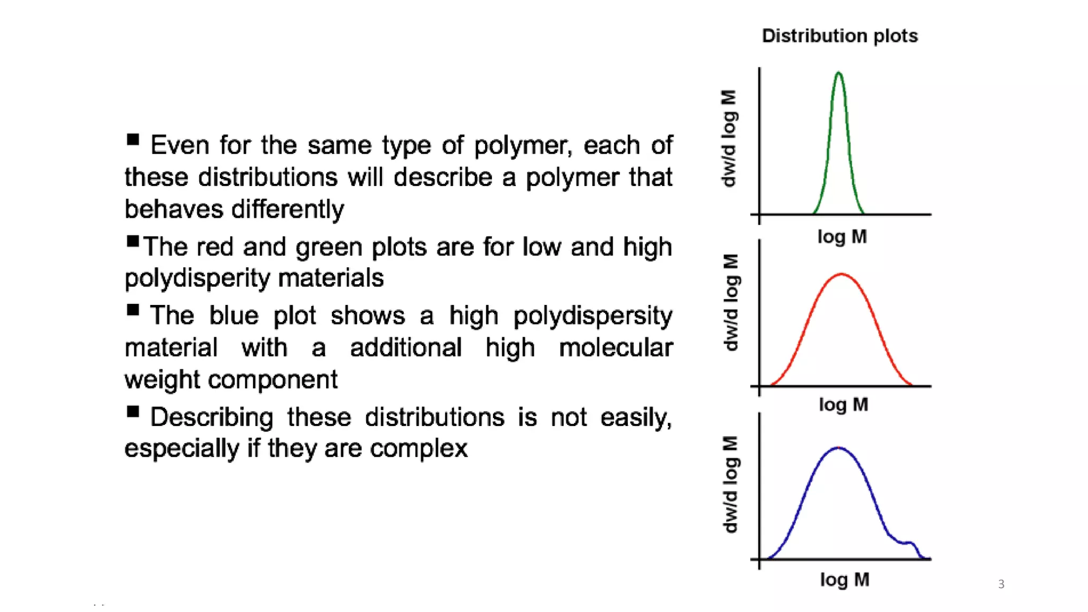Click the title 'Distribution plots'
coord(839,36)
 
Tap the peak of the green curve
coord(838,73)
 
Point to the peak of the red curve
coord(841,275)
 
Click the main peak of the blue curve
coord(838,448)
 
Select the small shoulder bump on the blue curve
coord(909,543)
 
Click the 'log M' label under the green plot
coord(842,237)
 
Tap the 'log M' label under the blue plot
coord(844,580)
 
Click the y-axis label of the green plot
coord(729,139)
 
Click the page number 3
coord(1001,584)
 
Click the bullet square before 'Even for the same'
coord(133,140)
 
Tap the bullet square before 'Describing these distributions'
coord(133,412)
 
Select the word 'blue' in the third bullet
coord(233,316)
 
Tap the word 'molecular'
coord(615,348)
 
